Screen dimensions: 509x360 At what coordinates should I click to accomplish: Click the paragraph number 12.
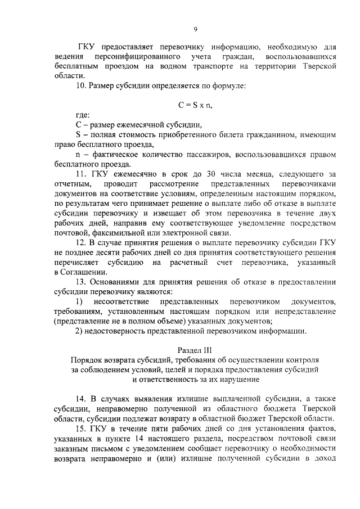pyautogui.click(x=80, y=243)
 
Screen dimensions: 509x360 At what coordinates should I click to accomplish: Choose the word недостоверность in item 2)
pyautogui.click(x=114, y=331)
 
